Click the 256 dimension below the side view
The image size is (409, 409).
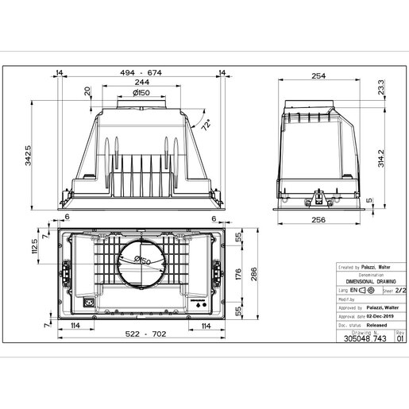click(x=318, y=220)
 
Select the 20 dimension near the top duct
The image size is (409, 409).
click(x=87, y=91)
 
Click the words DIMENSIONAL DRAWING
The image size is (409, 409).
click(x=359, y=284)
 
